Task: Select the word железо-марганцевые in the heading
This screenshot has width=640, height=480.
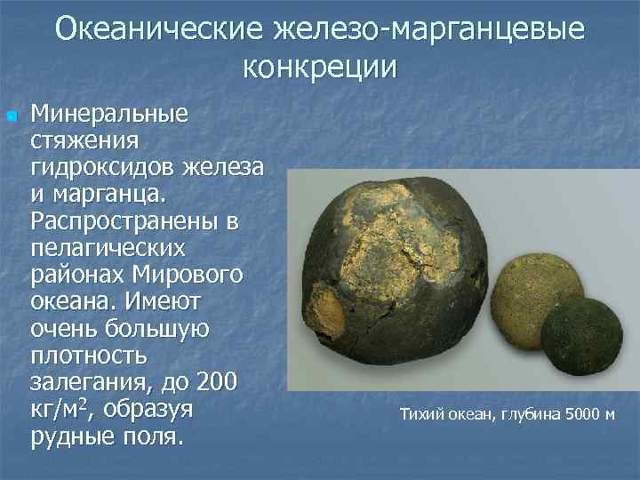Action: click(434, 29)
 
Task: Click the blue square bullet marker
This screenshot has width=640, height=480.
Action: click(11, 116)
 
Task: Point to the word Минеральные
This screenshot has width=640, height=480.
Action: click(109, 115)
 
